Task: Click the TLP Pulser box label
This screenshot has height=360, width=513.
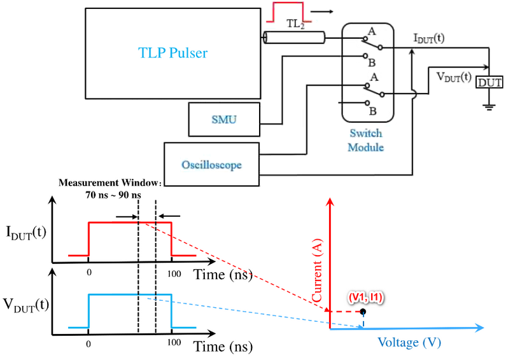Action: pyautogui.click(x=172, y=53)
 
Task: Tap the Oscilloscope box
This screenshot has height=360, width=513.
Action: pyautogui.click(x=212, y=164)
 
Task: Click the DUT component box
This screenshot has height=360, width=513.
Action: pyautogui.click(x=490, y=82)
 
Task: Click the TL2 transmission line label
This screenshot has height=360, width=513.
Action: pyautogui.click(x=293, y=24)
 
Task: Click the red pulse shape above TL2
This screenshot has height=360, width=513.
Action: pyautogui.click(x=287, y=11)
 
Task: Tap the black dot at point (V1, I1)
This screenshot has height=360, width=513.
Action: pyautogui.click(x=363, y=312)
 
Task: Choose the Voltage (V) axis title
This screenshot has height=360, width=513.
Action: pyautogui.click(x=409, y=342)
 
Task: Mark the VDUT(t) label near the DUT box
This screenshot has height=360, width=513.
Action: pyautogui.click(x=453, y=77)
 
